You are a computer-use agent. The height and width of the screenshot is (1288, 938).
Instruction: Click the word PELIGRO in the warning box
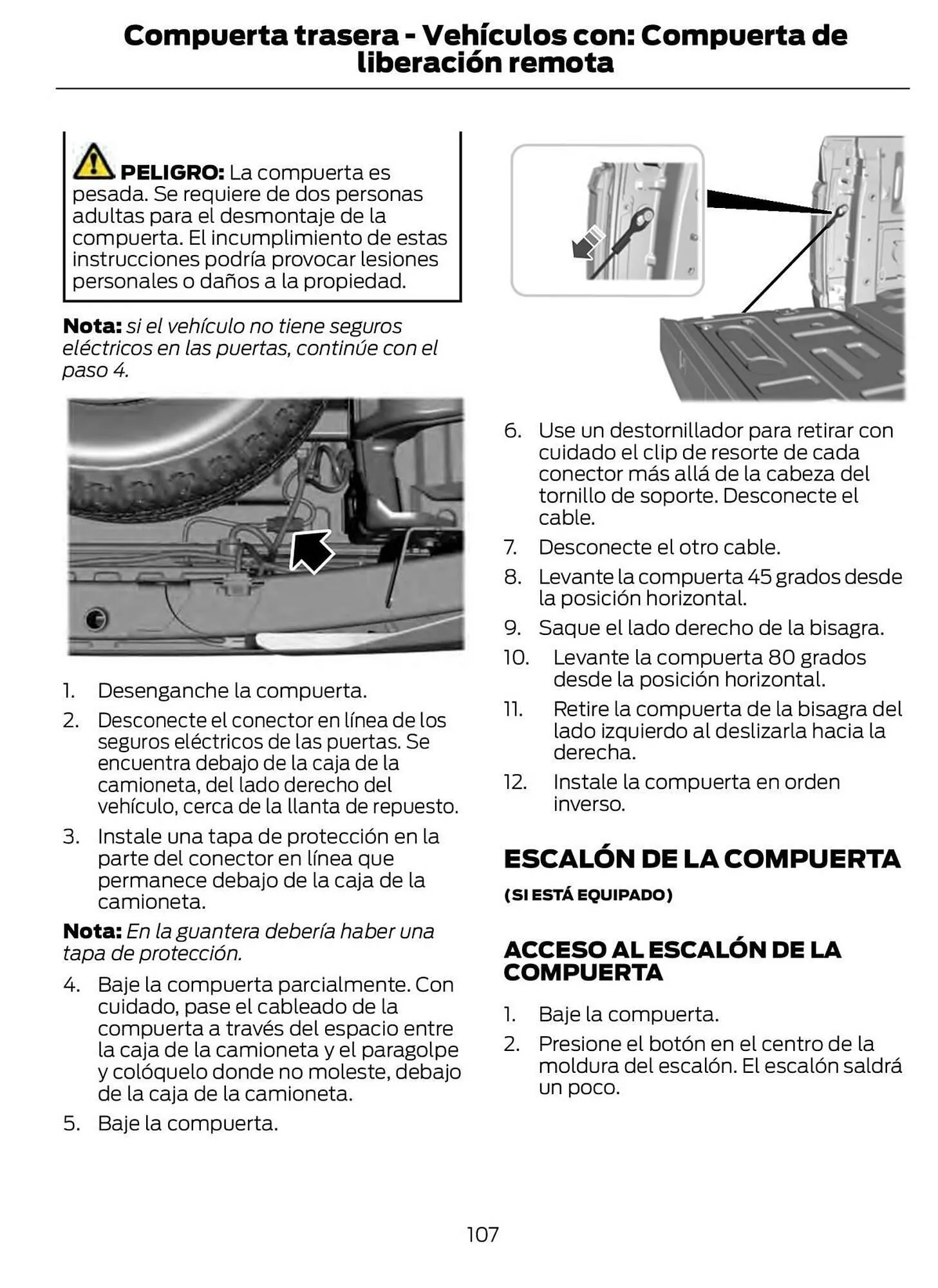point(171,173)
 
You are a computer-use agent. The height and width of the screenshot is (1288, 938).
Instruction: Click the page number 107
point(482,1234)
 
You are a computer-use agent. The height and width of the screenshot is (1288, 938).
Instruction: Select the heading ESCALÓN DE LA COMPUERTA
point(702,858)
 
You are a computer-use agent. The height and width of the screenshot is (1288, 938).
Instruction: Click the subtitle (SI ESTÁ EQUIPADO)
point(588,895)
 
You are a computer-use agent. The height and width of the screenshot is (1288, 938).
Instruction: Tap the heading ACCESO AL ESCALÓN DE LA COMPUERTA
point(671,960)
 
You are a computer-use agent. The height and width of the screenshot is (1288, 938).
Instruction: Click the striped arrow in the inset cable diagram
point(588,243)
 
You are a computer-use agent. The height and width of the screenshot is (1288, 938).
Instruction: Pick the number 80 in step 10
point(781,658)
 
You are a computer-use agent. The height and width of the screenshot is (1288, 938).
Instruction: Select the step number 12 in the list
point(515,782)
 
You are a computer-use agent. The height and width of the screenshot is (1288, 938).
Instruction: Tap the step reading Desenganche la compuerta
point(232,690)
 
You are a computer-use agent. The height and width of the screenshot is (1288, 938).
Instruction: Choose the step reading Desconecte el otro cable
point(659,547)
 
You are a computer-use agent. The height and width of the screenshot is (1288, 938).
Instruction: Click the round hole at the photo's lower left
point(96,619)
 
